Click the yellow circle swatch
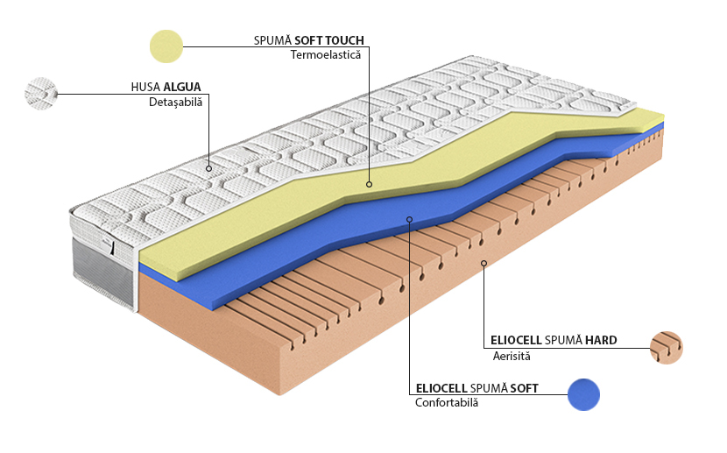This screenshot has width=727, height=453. (x=166, y=46)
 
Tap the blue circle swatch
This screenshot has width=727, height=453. (x=584, y=394)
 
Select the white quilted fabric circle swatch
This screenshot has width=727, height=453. (x=41, y=94)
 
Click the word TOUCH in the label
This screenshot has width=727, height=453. (x=343, y=40)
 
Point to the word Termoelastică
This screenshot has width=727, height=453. (x=326, y=55)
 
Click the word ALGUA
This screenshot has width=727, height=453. (x=183, y=87)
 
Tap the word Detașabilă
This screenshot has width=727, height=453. (x=175, y=103)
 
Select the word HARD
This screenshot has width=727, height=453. (x=601, y=340)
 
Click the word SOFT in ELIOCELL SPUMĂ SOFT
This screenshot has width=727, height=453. (x=523, y=387)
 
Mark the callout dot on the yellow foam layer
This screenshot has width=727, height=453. (x=370, y=184)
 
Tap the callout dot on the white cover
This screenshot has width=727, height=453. (x=208, y=166)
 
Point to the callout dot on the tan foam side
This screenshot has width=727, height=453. (x=483, y=262)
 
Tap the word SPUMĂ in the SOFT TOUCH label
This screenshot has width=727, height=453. (x=272, y=40)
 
